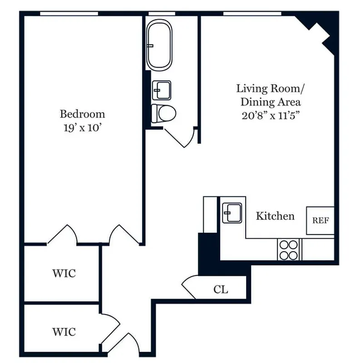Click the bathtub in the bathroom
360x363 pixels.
coord(159,44)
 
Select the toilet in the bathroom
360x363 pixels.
coord(163,113)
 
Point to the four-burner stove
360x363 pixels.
coord(289,250)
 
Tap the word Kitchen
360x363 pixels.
coord(275,216)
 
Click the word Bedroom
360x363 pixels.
coord(82,113)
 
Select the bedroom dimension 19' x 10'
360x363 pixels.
coord(82,128)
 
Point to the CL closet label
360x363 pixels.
coord(221,289)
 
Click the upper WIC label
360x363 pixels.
coord(64,274)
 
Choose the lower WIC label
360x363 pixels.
coord(64,331)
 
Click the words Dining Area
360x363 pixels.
coord(271,101)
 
